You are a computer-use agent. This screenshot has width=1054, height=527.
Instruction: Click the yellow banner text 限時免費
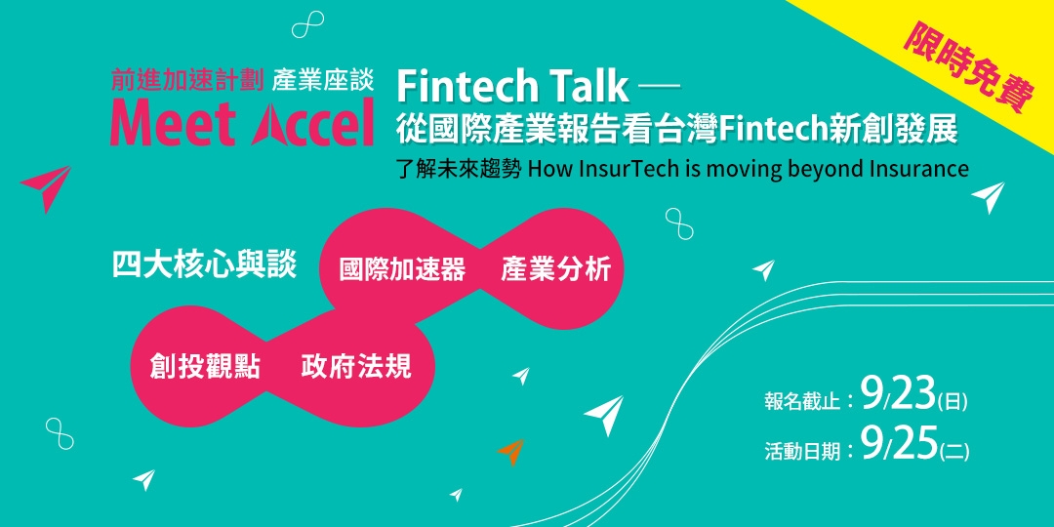click(968, 68)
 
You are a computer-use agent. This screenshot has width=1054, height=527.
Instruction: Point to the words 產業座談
click(322, 81)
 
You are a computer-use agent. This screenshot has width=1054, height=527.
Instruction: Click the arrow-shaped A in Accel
click(271, 125)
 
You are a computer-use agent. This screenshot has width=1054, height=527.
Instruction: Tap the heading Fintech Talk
click(513, 86)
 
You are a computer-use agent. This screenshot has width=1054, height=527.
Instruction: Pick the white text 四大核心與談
click(204, 265)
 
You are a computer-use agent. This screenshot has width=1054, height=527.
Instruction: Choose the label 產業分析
click(556, 269)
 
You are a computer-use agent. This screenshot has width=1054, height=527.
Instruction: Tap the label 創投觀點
click(205, 368)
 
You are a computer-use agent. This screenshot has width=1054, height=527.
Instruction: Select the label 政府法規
click(355, 367)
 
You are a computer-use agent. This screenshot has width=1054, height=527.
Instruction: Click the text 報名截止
click(802, 402)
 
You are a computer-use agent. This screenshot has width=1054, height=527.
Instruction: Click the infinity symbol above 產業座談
click(307, 24)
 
